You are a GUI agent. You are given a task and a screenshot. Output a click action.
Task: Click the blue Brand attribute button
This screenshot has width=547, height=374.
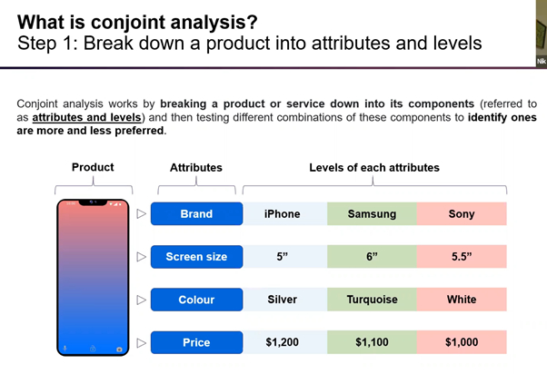click(196, 214)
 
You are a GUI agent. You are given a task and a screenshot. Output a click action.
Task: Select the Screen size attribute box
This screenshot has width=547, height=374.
click(196, 257)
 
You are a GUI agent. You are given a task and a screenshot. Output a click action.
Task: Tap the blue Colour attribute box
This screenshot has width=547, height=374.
click(196, 300)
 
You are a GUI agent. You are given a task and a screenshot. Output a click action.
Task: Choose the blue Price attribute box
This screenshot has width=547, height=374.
click(196, 342)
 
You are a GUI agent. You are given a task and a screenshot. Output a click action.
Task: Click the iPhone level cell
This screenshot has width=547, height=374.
click(282, 214)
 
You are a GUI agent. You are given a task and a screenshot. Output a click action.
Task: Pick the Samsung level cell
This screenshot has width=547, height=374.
click(372, 214)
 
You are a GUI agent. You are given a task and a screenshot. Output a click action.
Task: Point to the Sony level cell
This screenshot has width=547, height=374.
click(462, 214)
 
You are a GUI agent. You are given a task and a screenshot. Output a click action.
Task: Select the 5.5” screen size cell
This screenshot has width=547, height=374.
click(462, 257)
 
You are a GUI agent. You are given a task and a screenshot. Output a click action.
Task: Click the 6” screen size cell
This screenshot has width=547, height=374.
click(372, 257)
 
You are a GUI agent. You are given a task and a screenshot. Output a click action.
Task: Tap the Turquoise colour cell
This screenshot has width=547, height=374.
click(372, 300)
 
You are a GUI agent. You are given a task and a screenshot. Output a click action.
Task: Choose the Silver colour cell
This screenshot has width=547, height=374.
click(282, 300)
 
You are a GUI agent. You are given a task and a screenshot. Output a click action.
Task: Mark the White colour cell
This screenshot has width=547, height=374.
click(462, 300)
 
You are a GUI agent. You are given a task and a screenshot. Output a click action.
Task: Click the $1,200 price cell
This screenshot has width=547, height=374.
click(282, 342)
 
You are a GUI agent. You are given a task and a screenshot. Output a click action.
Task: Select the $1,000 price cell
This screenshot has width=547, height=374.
click(462, 342)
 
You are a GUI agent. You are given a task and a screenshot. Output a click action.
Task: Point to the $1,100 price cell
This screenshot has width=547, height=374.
click(372, 342)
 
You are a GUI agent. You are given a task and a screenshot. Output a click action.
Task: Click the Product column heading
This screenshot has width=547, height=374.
click(93, 167)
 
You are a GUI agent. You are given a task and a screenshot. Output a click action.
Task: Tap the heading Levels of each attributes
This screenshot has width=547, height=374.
click(373, 167)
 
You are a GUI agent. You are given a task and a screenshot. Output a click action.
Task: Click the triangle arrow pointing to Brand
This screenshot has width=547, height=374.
click(141, 214)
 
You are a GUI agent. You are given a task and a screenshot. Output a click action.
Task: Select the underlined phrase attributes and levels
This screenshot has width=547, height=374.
click(85, 117)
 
